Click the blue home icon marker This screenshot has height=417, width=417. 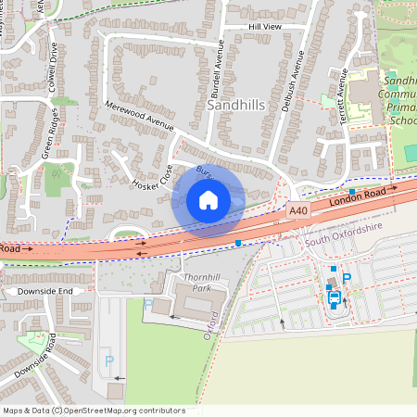(208, 200)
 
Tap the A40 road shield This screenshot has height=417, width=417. (297, 211)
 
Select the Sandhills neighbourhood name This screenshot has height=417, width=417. (236, 106)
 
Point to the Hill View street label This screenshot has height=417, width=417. (264, 28)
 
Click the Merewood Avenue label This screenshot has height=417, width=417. (139, 116)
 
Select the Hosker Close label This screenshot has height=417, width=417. (153, 176)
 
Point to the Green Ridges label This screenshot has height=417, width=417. (48, 134)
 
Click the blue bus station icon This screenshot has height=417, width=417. (335, 298)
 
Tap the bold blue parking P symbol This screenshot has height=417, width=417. (347, 278)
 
